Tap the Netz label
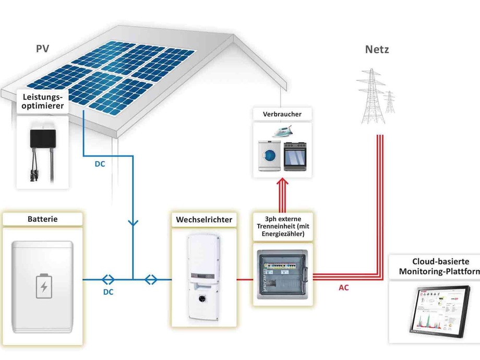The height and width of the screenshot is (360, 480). coord(377,50)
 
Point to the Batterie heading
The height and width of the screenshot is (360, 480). coord(43,219)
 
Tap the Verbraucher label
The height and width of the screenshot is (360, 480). coord(283,114)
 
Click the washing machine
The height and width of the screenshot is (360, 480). coord(269,154)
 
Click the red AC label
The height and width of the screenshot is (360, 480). coord(344,287)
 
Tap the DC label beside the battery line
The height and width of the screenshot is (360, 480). coord(108,292)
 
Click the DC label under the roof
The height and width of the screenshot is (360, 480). coord(100,164)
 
